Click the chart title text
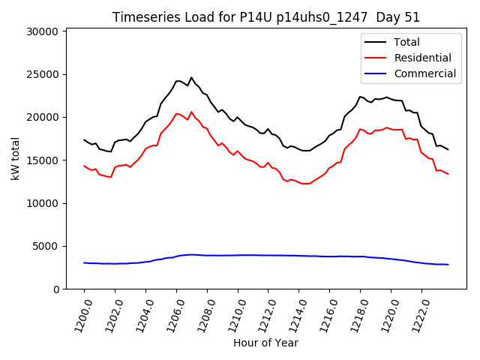[x=266, y=17]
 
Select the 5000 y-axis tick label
[x=46, y=246]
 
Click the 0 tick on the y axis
[x=56, y=289]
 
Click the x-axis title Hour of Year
[x=265, y=343]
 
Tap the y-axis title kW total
[x=14, y=159]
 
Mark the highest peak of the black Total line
[x=191, y=77]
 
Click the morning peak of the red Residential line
[x=191, y=112]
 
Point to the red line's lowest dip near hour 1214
[x=304, y=184]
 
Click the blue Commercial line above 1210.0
[x=238, y=255]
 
